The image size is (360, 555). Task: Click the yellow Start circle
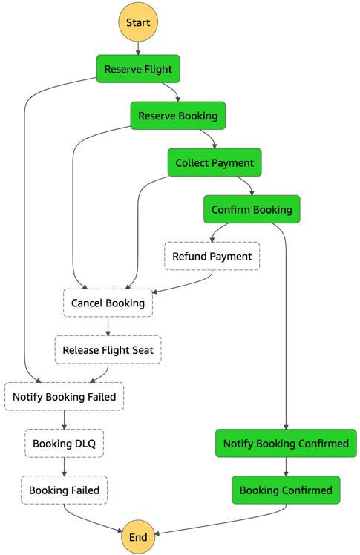pos(138,22)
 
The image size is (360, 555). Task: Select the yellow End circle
pos(138,536)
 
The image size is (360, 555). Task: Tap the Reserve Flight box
pos(138,69)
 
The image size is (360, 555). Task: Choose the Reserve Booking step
pos(177,116)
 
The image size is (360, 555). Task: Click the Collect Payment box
pos(215,162)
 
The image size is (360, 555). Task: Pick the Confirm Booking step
pos(252,209)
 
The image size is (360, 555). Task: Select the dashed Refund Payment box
pos(212,256)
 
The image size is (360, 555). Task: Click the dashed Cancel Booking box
pos(108,303)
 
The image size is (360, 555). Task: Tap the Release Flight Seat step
pos(108,349)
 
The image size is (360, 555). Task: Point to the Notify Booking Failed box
pos(65,396)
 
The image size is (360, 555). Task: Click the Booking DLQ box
pos(65,443)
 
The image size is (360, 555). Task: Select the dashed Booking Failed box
pos(65,490)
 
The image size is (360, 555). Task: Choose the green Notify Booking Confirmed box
pos(286,443)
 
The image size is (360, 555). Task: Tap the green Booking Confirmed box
pos(286,490)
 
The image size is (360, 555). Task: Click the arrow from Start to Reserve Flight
pos(138,48)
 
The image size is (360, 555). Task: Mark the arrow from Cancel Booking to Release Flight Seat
pos(108,326)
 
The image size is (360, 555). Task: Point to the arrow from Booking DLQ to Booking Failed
pos(65,467)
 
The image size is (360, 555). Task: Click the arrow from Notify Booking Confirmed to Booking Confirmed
pos(286,467)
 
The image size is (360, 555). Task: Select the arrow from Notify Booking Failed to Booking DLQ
pos(65,420)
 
